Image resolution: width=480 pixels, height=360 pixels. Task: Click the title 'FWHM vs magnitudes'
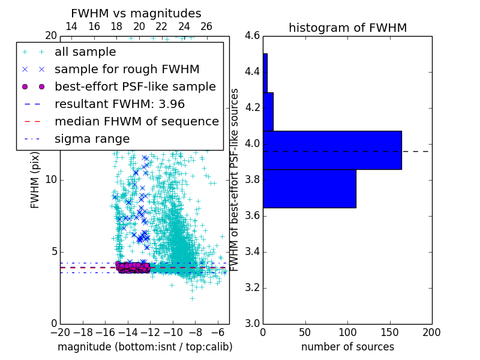click(x=136, y=14)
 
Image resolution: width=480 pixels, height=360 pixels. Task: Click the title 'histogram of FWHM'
click(x=347, y=28)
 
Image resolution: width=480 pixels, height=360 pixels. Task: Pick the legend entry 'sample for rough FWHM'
click(x=127, y=70)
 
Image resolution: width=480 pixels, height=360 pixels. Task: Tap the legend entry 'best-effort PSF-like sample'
click(x=135, y=86)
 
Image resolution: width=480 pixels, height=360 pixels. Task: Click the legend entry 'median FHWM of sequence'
click(x=136, y=121)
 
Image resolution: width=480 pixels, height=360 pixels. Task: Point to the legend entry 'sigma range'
click(x=92, y=139)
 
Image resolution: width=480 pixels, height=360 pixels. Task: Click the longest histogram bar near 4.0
click(x=332, y=150)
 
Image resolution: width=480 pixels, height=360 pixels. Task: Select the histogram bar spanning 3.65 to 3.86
click(x=309, y=188)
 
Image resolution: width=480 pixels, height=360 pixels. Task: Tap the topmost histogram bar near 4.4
click(x=265, y=73)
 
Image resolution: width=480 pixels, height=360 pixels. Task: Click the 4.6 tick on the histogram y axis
click(x=252, y=36)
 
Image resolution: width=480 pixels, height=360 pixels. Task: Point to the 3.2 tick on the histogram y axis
click(x=252, y=287)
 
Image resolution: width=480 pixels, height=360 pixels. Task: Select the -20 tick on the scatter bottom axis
click(x=60, y=332)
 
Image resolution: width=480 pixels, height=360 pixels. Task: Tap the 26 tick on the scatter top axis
click(x=206, y=27)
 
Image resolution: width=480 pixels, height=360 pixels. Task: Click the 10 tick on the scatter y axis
click(x=51, y=180)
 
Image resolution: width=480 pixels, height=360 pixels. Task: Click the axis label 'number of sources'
click(x=347, y=347)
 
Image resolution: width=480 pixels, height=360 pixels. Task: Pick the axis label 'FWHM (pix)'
click(x=35, y=179)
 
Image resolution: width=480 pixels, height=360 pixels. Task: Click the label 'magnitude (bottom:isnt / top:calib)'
click(x=145, y=347)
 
